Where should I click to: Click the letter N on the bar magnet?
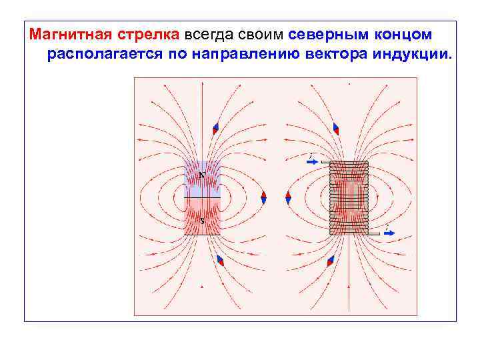pyautogui.click(x=201, y=176)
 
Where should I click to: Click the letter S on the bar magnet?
pyautogui.click(x=201, y=219)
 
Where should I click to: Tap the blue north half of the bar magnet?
pyautogui.click(x=202, y=179)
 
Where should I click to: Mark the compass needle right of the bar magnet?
pyautogui.click(x=264, y=197)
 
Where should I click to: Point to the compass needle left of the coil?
pyautogui.click(x=288, y=197)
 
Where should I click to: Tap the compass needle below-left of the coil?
pyautogui.click(x=330, y=261)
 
